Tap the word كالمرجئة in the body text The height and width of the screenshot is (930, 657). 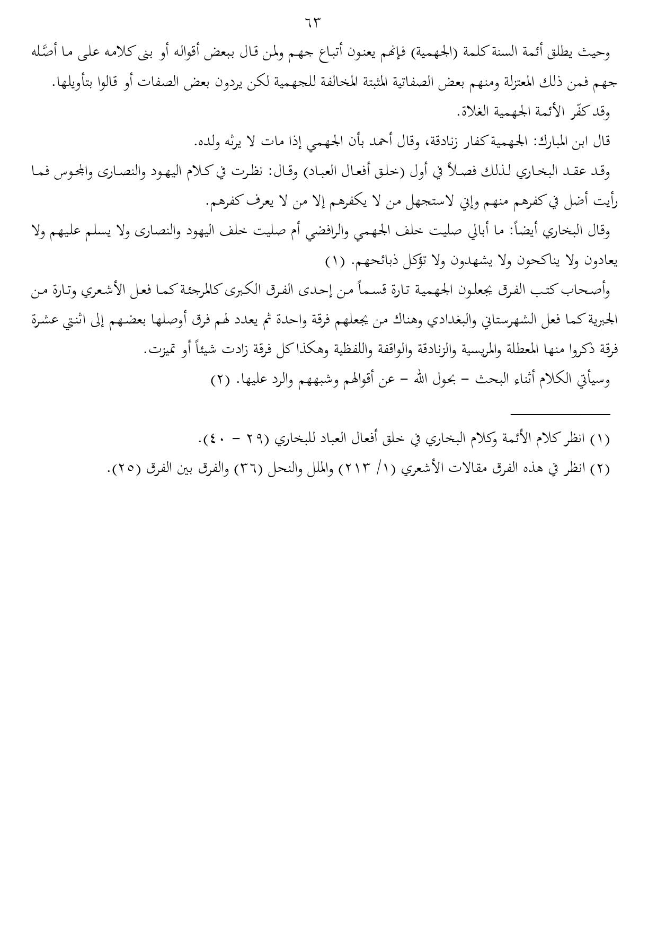(264, 291)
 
